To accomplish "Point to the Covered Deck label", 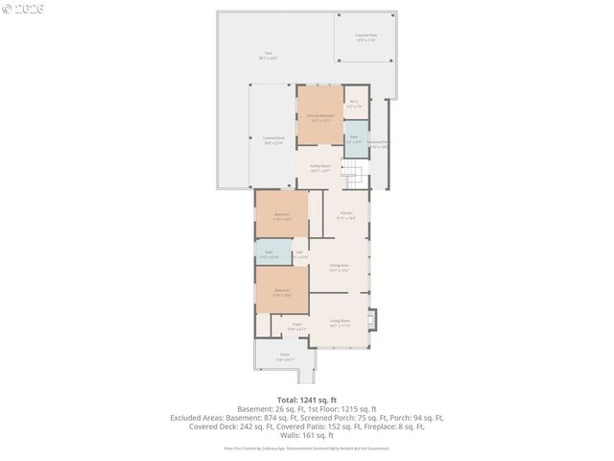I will coord(272,140).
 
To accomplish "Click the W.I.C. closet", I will coord(354,104).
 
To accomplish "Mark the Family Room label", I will coord(319,168).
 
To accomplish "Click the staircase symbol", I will coord(356,176).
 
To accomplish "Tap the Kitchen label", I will coord(346,215).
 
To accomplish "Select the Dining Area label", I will coord(339,268).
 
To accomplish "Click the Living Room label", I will coord(340,323).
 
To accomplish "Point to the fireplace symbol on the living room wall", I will coord(375,319).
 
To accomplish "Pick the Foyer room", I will coord(297,326).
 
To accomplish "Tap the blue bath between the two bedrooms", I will coord(270,255).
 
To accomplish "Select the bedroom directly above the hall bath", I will coord(282,215).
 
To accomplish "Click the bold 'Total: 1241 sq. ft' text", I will coord(307,399).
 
